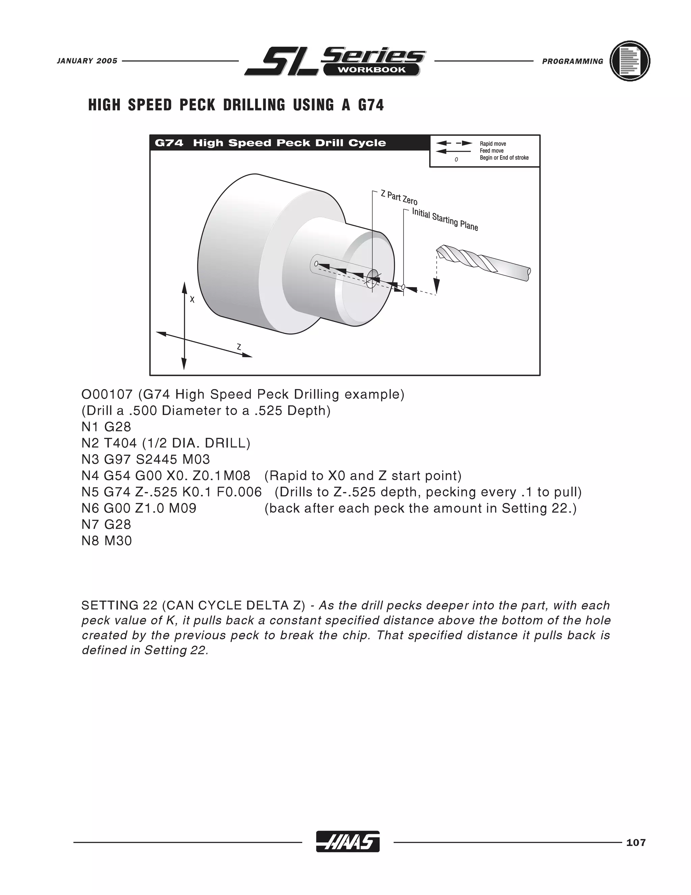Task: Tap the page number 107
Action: tap(636, 843)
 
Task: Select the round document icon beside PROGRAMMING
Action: tap(630, 61)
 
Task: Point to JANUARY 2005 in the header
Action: tap(87, 61)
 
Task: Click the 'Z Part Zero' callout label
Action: tap(399, 198)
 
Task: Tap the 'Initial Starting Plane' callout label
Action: tap(445, 219)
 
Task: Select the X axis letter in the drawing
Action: tap(192, 300)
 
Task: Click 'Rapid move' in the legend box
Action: tap(493, 144)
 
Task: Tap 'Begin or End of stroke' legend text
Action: tap(504, 158)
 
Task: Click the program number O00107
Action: tap(107, 394)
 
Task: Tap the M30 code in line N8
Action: tap(118, 540)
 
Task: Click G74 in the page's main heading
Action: tap(371, 105)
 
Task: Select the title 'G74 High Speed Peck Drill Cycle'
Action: tap(270, 143)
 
